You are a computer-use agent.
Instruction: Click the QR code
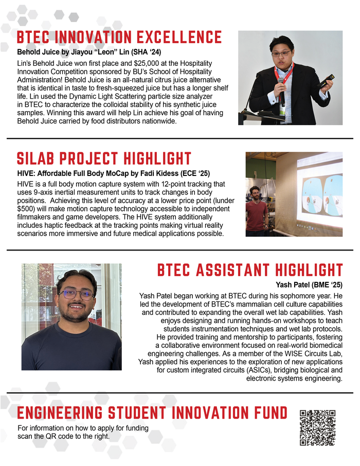click(317, 427)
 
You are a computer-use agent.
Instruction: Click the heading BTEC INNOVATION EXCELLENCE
click(119, 38)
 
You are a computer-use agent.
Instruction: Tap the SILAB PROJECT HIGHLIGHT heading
click(104, 158)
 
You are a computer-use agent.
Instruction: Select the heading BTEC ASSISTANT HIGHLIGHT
click(250, 270)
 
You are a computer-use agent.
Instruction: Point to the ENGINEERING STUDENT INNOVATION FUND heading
click(152, 413)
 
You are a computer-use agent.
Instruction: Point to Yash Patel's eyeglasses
click(76, 295)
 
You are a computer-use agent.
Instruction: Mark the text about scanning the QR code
click(83, 432)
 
